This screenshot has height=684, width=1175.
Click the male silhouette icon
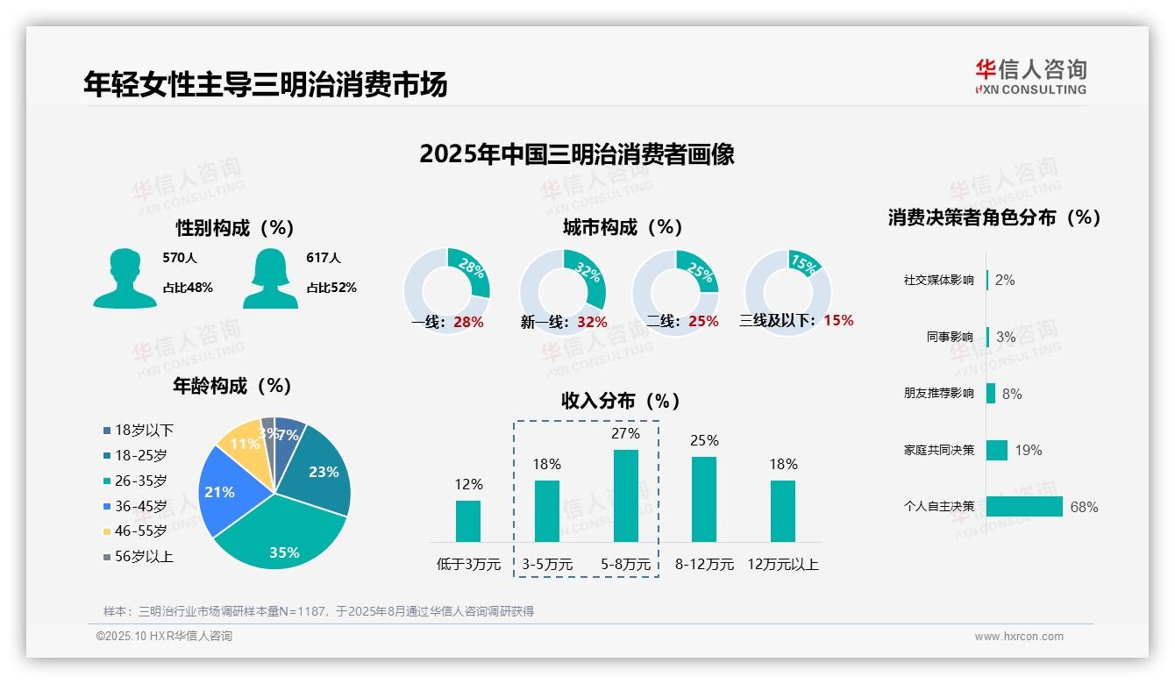pos(125,278)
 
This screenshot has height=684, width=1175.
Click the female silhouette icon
pos(270,278)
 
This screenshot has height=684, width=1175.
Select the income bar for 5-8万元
pos(625,495)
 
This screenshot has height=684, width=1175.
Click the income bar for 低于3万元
pos(468,521)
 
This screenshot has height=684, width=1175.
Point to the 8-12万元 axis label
pos(704,564)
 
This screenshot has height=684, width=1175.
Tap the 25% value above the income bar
pos(704,440)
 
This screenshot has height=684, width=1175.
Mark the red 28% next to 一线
pos(468,322)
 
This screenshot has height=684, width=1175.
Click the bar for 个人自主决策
pos(1024,506)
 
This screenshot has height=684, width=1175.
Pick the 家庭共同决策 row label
pos(938,450)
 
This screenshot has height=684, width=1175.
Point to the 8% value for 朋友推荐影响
pos(1012,394)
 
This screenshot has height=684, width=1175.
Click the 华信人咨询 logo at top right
pos(1030,76)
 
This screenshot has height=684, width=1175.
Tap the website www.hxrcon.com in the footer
pos(1019,637)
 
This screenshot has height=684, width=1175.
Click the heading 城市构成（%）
pos(623,227)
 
